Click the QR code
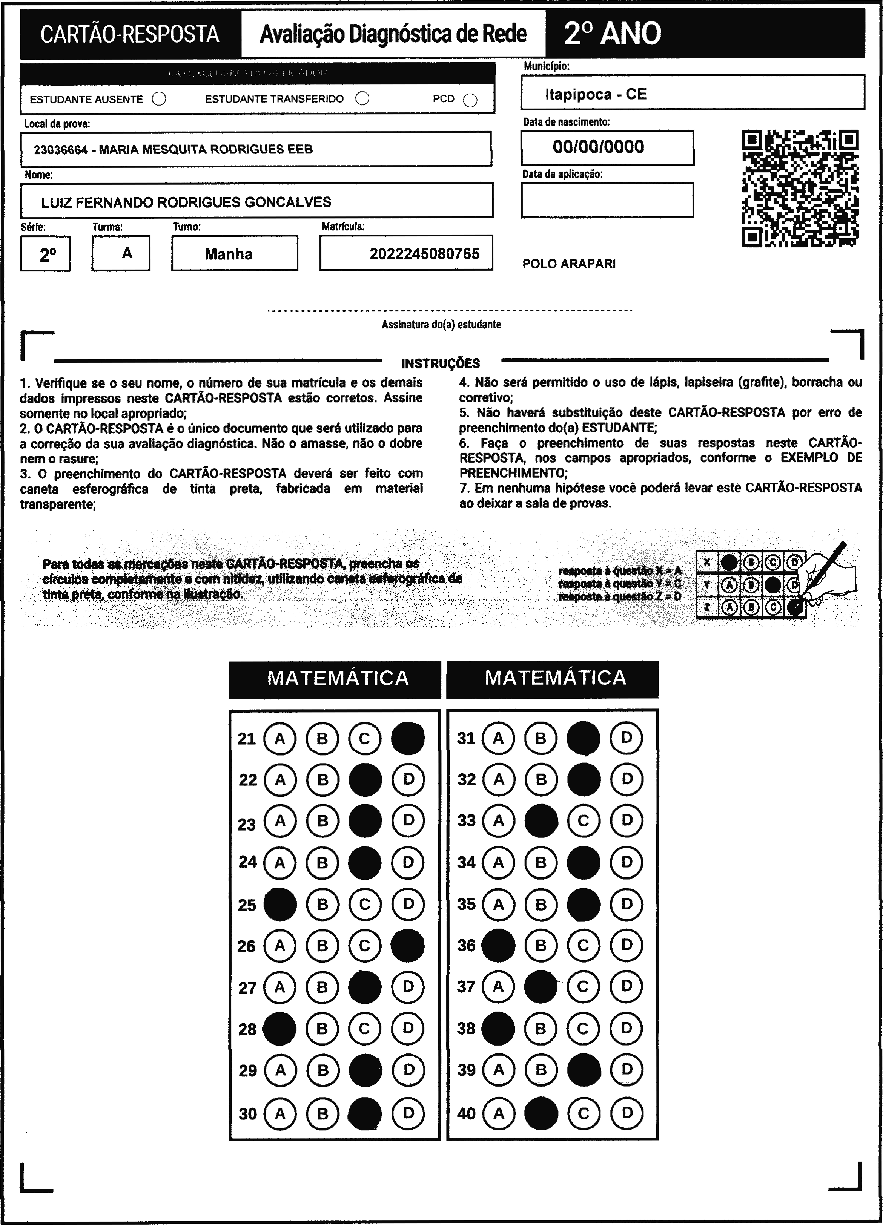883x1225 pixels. pyautogui.click(x=800, y=188)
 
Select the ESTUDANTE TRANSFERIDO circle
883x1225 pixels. pyautogui.click(x=362, y=98)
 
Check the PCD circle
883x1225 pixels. pyautogui.click(x=470, y=100)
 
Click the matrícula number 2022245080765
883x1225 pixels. pyautogui.click(x=424, y=253)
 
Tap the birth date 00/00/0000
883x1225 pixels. pyautogui.click(x=598, y=146)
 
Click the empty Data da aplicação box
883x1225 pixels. pyautogui.click(x=607, y=200)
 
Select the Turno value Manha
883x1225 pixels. pyautogui.click(x=229, y=254)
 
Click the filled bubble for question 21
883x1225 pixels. pyautogui.click(x=407, y=738)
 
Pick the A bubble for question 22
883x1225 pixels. pyautogui.click(x=280, y=779)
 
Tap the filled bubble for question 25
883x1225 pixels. pyautogui.click(x=280, y=904)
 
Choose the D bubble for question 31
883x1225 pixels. pyautogui.click(x=626, y=738)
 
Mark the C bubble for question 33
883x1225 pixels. pyautogui.click(x=583, y=821)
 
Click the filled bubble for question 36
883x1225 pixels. pyautogui.click(x=498, y=946)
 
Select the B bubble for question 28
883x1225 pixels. pyautogui.click(x=322, y=1029)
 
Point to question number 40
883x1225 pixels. pyautogui.click(x=466, y=1113)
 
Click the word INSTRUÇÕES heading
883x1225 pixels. pyautogui.click(x=441, y=363)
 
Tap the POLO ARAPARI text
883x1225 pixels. pyautogui.click(x=569, y=264)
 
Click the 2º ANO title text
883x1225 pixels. pyautogui.click(x=612, y=34)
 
